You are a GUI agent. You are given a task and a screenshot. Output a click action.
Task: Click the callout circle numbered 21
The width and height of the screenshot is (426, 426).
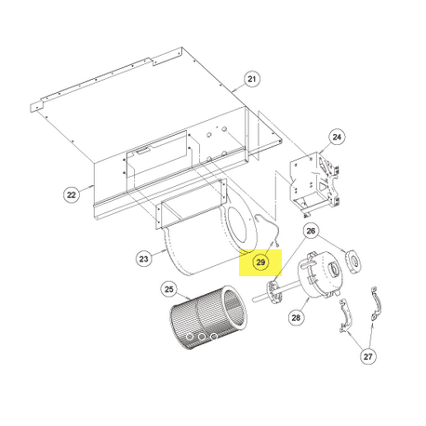[x=252, y=79]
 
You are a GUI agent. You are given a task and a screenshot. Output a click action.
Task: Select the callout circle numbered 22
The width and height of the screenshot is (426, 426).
[x=72, y=194]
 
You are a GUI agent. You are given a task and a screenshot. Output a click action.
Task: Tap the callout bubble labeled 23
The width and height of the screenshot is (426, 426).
[x=143, y=259]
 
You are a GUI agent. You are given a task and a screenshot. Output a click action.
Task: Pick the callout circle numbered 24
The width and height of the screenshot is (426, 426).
[x=337, y=137]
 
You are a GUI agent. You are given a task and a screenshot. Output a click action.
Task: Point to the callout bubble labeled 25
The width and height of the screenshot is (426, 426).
[x=168, y=289]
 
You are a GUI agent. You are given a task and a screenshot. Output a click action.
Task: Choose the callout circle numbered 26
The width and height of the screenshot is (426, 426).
[x=311, y=231]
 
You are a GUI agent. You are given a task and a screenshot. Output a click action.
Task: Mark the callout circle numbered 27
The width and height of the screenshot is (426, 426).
[x=367, y=356]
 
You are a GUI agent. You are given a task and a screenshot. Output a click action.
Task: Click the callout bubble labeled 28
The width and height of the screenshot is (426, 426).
[x=296, y=317]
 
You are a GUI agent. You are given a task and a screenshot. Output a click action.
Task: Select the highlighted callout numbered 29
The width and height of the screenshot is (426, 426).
[x=260, y=262]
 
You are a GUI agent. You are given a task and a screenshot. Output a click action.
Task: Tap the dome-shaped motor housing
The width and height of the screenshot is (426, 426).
[x=319, y=274]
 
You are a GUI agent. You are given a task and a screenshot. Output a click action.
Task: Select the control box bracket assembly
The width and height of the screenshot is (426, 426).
[x=314, y=183]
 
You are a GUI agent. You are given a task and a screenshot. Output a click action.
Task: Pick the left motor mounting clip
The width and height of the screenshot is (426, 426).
[x=345, y=315]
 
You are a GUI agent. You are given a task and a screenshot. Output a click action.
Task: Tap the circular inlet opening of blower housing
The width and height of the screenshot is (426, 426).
[x=237, y=225]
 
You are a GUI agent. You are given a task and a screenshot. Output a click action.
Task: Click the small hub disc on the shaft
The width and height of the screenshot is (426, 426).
[x=273, y=292]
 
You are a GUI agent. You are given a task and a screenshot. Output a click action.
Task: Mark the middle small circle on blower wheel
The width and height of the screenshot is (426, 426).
[x=202, y=337]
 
